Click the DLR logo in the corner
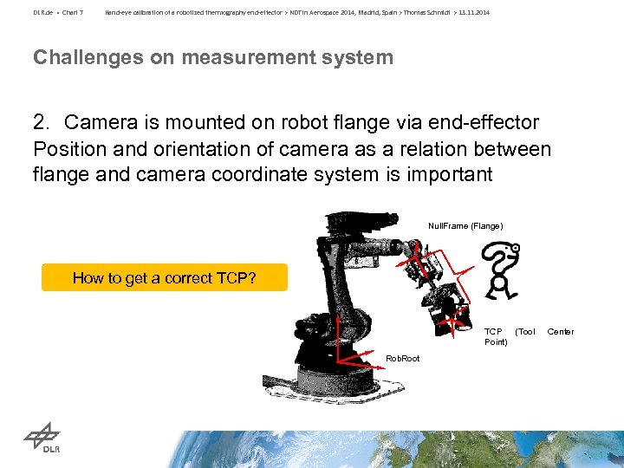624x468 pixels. pos(40,441)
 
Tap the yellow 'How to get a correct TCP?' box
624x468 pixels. pos(164,278)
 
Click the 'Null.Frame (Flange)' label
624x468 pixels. pos(465,226)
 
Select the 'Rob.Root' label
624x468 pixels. pos(402,358)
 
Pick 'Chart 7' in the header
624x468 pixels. pos(72,13)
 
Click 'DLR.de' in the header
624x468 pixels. pos(42,13)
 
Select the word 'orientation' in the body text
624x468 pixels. pos(173,148)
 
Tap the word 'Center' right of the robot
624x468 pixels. pos(560,332)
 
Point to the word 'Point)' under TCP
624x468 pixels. pos(496,342)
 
